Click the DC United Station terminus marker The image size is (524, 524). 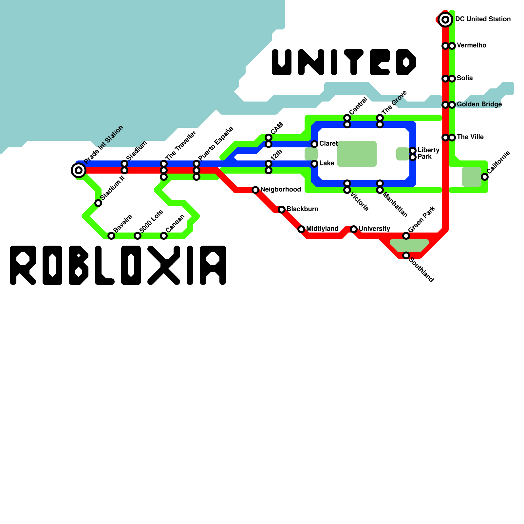[445, 20]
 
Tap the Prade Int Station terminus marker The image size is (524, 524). [78, 170]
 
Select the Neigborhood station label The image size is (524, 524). [281, 190]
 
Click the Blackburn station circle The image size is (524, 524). [282, 210]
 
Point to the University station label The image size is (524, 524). [374, 229]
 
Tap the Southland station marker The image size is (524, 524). [406, 255]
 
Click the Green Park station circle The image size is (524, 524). [406, 236]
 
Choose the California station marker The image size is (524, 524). [485, 177]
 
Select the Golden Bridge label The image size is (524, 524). [479, 104]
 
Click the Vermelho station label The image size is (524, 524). [471, 46]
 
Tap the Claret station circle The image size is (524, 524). [314, 144]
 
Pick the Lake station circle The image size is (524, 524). [314, 164]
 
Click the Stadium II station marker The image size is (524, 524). [98, 203]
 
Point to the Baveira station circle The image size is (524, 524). [111, 236]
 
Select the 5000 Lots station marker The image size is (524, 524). [138, 236]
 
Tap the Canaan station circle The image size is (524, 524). [164, 236]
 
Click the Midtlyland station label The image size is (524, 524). [322, 229]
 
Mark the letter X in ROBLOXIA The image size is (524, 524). [164, 265]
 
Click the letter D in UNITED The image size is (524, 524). [406, 62]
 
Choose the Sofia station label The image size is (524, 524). [465, 78]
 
